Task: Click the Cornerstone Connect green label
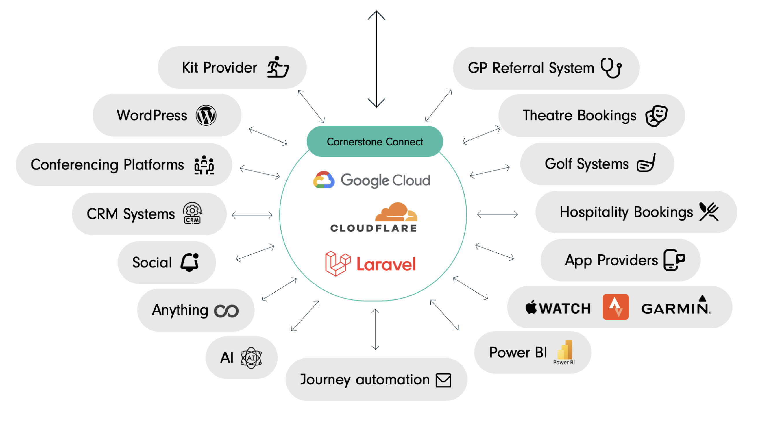[375, 142]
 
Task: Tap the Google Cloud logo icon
[324, 180]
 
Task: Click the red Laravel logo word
[386, 264]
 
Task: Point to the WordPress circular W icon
[206, 116]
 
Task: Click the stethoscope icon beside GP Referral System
[611, 68]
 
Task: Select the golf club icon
[646, 163]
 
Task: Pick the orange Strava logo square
[615, 307]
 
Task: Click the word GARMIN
[675, 308]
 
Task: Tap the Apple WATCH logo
[558, 308]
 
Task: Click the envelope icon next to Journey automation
[443, 380]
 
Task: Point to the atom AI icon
[251, 358]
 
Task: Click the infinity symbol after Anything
[226, 311]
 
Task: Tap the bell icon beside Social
[190, 262]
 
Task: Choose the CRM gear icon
[192, 213]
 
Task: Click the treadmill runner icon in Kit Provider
[278, 67]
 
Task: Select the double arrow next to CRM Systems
[252, 215]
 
